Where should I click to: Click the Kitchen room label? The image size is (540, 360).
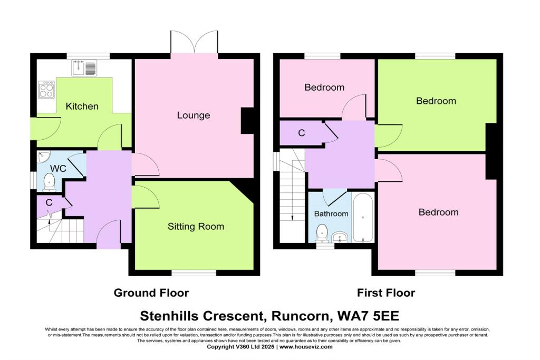(x=82, y=106)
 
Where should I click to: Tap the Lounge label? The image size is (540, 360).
(x=193, y=115)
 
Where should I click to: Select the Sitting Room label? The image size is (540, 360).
(x=196, y=227)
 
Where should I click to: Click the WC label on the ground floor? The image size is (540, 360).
(x=57, y=169)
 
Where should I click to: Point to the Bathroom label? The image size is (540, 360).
(x=331, y=213)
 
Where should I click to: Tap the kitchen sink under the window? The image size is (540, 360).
(x=84, y=67)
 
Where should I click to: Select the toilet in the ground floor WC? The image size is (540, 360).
(x=49, y=181)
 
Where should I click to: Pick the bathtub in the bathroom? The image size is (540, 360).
(x=363, y=217)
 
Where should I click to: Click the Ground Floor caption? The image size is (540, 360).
(x=151, y=293)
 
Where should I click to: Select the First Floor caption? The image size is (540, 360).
(x=385, y=293)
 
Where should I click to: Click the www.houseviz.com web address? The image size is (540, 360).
(x=306, y=347)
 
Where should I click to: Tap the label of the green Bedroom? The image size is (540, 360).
(x=436, y=101)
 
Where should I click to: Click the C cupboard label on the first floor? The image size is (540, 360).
(x=301, y=133)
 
